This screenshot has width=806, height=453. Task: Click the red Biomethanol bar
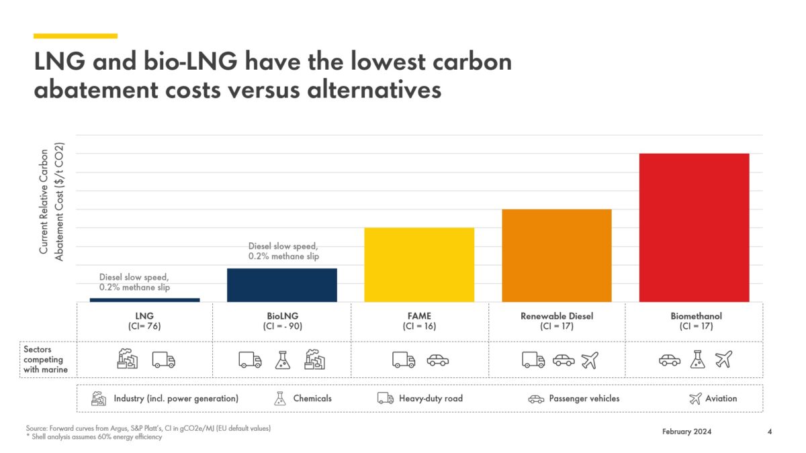click(694, 228)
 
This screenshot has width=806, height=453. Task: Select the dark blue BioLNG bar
click(282, 285)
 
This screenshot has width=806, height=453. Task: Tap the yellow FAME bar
click(419, 265)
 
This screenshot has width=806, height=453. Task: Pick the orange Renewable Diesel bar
click(556, 256)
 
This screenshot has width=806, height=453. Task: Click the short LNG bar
click(144, 300)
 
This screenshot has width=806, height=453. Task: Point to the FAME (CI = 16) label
click(419, 321)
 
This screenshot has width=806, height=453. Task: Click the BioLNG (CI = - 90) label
click(282, 321)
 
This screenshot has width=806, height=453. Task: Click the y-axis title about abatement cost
click(51, 201)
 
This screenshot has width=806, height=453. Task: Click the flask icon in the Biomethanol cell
click(697, 360)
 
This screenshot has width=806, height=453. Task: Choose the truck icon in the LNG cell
click(163, 360)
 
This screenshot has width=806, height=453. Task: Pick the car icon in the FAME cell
click(437, 360)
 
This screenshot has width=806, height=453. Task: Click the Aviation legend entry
click(713, 399)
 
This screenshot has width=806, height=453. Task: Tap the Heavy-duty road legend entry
click(420, 399)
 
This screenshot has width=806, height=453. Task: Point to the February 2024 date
click(686, 432)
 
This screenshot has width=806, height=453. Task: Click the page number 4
click(769, 432)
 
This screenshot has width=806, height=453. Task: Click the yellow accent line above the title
click(75, 36)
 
